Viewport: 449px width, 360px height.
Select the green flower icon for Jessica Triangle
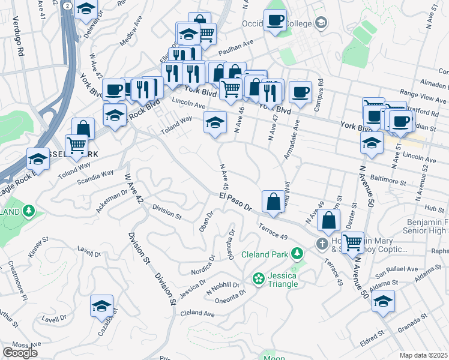point(258,278)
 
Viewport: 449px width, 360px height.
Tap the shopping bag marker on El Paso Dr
point(273,202)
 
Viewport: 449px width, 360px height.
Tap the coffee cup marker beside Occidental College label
point(275,20)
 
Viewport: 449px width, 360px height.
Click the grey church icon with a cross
point(322,244)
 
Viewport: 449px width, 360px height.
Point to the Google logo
point(20,353)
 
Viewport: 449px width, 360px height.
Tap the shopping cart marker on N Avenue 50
point(352,242)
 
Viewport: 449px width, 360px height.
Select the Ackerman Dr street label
point(111,197)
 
